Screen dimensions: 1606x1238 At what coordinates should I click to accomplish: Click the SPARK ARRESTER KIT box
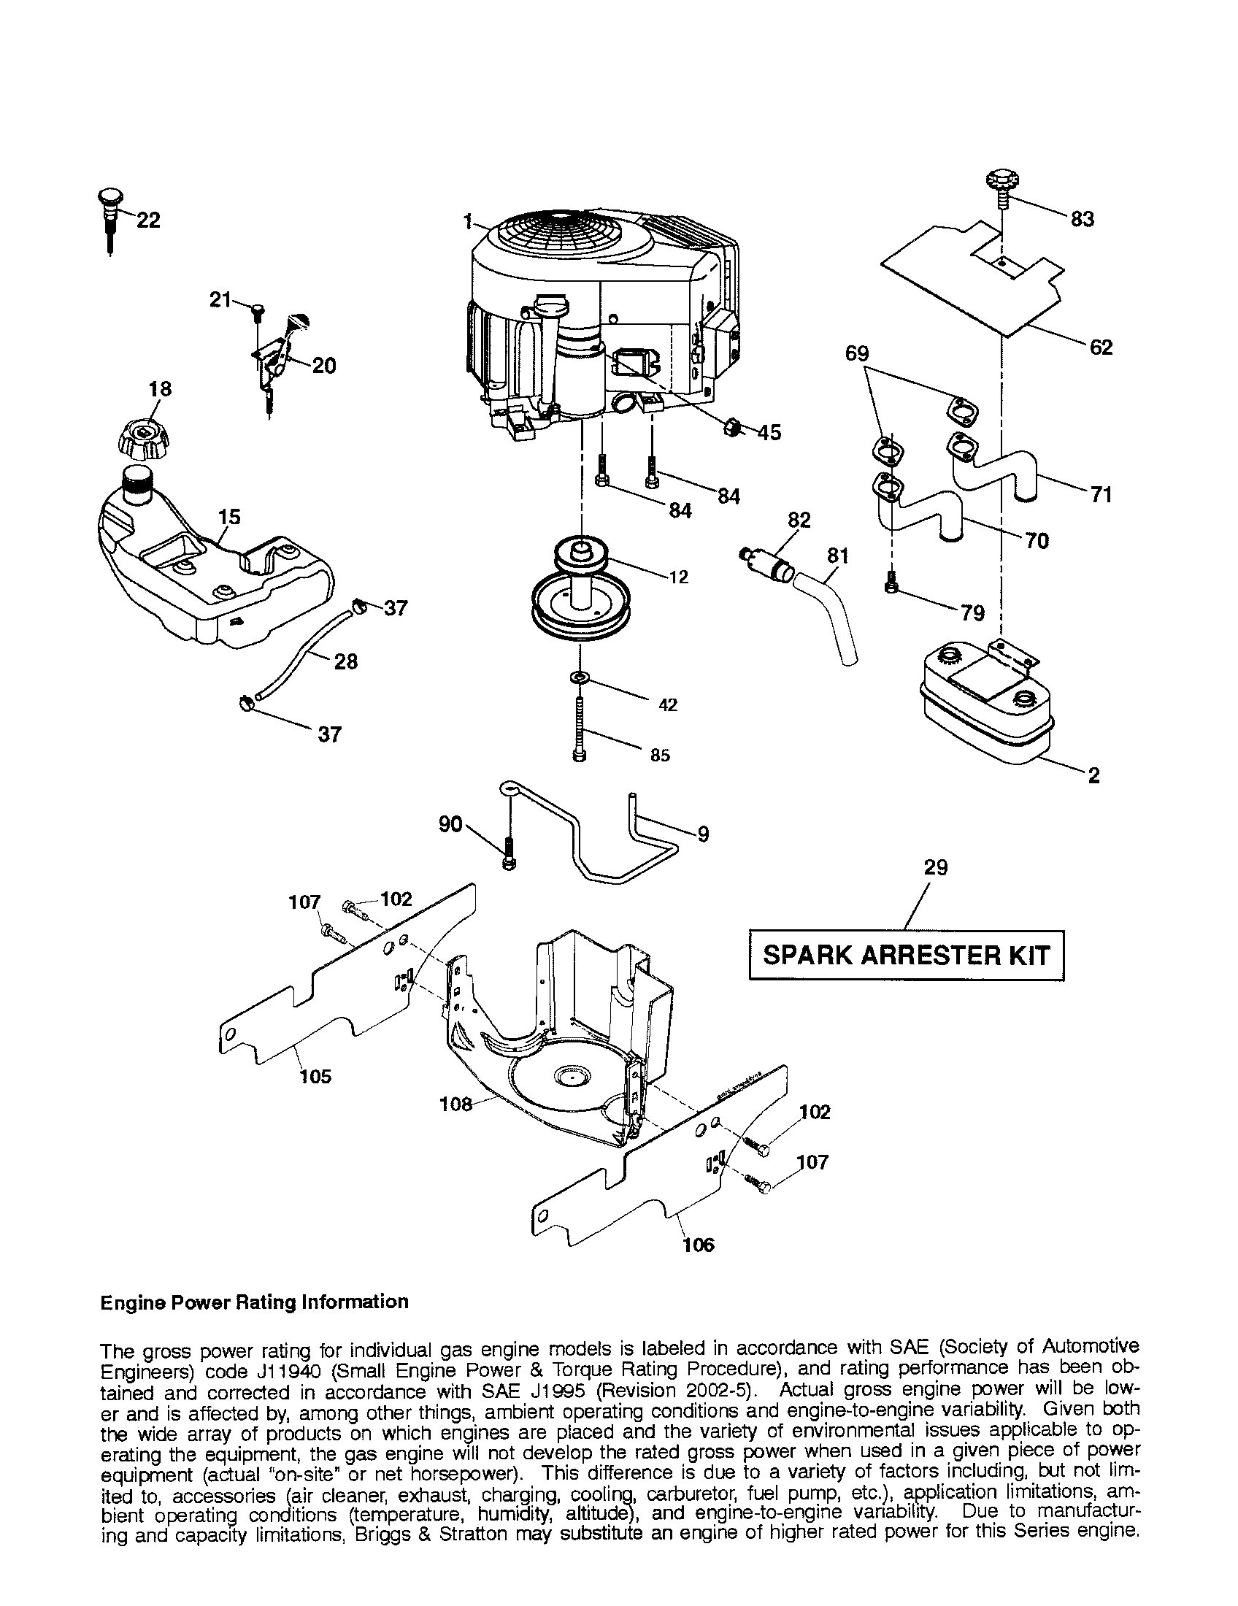906,956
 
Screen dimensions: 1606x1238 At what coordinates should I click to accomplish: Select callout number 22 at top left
148,220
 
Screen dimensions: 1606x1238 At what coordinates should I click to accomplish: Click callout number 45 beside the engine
769,432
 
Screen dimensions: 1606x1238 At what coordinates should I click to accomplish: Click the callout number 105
315,1077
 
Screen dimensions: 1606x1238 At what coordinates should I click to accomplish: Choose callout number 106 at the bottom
698,1244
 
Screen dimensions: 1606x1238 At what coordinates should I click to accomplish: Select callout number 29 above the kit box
935,868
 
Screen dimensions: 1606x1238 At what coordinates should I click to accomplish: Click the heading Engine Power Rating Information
253,1302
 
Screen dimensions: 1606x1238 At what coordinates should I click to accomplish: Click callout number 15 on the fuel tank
229,517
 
